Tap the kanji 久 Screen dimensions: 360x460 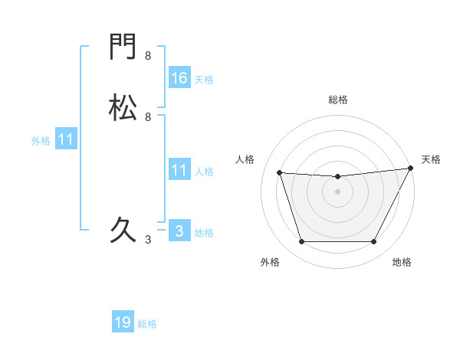point(123,229)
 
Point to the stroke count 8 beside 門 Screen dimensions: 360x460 point(148,56)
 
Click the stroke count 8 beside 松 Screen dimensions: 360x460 point(148,116)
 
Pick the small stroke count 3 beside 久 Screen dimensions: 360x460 point(148,240)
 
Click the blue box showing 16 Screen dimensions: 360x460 point(179,77)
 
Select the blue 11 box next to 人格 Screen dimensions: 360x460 point(179,170)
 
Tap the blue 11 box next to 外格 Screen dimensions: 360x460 point(66,139)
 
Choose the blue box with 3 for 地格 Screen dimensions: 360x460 point(179,231)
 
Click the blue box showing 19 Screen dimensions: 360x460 point(123,322)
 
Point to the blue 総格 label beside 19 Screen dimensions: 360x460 point(147,324)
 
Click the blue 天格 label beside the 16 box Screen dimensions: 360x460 point(204,79)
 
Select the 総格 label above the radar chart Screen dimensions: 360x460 point(337,100)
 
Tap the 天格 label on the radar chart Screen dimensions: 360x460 point(431,159)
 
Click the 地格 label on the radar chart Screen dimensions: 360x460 point(402,263)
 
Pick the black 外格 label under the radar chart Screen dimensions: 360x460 point(270,263)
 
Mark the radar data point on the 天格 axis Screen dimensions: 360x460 point(411,169)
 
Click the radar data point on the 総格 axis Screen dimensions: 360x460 point(337,177)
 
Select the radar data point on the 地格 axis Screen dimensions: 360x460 point(374,242)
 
